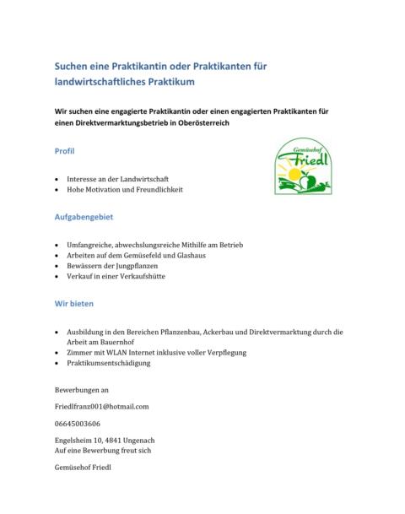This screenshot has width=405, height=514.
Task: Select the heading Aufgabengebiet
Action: (x=84, y=217)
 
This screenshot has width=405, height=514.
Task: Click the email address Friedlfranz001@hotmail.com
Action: (x=101, y=406)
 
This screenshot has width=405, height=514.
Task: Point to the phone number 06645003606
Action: (x=77, y=423)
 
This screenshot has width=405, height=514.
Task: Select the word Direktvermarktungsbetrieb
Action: (x=119, y=123)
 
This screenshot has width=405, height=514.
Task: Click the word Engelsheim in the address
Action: (x=73, y=441)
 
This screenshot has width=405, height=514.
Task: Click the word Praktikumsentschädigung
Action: (x=108, y=363)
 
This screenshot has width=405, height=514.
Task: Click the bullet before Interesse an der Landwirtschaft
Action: (x=56, y=180)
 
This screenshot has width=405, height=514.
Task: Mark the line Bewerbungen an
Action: (x=81, y=390)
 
